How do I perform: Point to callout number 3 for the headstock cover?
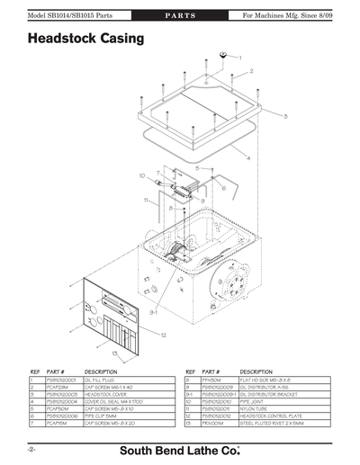[285, 117]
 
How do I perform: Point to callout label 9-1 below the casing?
[155, 313]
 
